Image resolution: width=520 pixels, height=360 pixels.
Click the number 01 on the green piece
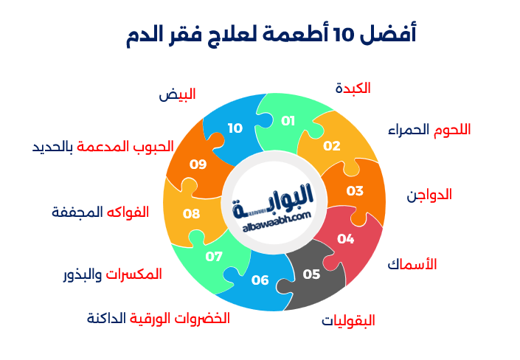[288, 120]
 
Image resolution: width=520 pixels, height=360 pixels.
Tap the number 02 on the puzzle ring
[331, 145]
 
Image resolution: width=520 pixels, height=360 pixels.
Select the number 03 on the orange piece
[355, 190]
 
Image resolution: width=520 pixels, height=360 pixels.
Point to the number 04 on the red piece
[345, 238]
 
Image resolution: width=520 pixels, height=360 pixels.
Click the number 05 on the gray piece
[311, 274]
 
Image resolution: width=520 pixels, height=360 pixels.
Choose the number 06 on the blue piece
[260, 280]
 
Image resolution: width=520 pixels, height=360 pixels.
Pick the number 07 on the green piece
[214, 256]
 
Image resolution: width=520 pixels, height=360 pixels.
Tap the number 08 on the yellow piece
[192, 213]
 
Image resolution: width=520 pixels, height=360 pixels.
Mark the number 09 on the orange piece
[198, 164]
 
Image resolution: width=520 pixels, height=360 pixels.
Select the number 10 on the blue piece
[235, 128]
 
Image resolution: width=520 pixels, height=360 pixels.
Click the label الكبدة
[352, 88]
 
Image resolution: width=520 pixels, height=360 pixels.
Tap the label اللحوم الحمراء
[429, 129]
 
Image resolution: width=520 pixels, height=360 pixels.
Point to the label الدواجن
[429, 195]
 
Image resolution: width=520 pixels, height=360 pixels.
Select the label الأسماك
[412, 263]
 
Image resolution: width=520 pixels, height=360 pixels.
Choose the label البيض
[177, 94]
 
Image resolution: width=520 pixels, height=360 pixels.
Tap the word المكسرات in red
[134, 274]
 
